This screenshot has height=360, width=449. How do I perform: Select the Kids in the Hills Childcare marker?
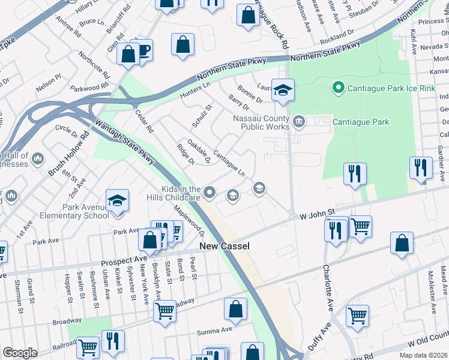coord(209,192)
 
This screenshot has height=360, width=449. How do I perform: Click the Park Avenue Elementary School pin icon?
coord(118,201)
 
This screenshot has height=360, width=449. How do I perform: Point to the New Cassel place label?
coord(224,246)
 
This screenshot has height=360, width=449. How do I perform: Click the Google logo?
coord(19,353)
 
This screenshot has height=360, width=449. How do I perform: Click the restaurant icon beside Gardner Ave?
coord(421,167)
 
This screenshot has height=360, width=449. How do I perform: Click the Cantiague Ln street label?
coord(229,163)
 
